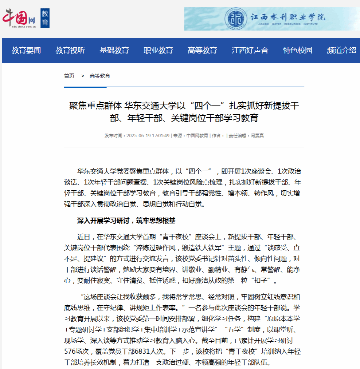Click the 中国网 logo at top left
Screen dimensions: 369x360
19,18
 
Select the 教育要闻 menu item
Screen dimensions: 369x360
26,51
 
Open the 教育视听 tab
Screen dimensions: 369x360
70,51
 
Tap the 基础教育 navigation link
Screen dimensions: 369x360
114,51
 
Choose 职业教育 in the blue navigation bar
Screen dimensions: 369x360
158,51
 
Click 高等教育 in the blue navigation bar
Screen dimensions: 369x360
202,51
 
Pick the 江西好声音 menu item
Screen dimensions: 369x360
250,51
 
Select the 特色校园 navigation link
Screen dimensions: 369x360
298,51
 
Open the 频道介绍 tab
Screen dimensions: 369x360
341,51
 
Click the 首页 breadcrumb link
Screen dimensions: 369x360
69,76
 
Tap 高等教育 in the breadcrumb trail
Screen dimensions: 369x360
100,76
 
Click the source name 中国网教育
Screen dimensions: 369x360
197,136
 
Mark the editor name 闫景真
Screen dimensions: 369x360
257,136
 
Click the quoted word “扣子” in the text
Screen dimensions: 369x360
265,281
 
